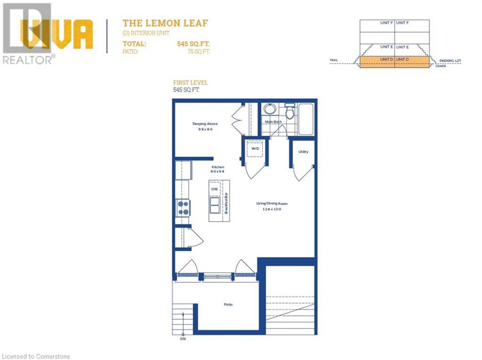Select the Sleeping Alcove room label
(x=205, y=124)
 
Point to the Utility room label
(x=303, y=152)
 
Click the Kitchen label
(x=217, y=167)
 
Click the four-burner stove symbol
(x=183, y=208)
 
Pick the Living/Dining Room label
(x=272, y=204)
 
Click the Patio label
(x=228, y=304)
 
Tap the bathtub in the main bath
(x=305, y=120)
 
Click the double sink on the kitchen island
(x=215, y=205)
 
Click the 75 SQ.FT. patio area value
(x=198, y=52)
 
